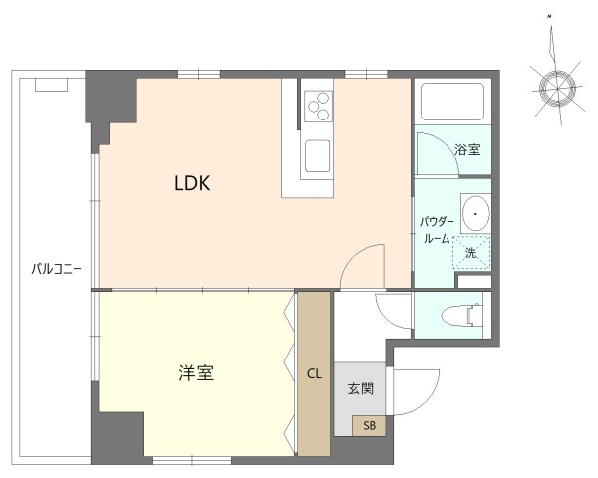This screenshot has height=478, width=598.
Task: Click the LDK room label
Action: (191, 183)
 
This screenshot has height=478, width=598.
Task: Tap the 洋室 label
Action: (197, 374)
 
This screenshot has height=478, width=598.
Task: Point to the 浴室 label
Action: (467, 151)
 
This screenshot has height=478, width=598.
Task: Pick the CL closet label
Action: (314, 374)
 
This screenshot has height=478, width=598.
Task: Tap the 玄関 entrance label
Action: (360, 388)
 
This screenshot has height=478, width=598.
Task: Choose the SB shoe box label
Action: (369, 426)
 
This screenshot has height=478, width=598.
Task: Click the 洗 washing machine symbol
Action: (471, 252)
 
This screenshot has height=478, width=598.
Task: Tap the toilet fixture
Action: (462, 316)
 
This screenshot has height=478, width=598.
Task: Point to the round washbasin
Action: (476, 213)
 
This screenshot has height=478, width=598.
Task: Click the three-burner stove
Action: (319, 105)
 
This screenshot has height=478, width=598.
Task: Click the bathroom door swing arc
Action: (436, 153)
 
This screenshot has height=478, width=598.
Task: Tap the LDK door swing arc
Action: (362, 265)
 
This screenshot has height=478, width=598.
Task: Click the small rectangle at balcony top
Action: (52, 85)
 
